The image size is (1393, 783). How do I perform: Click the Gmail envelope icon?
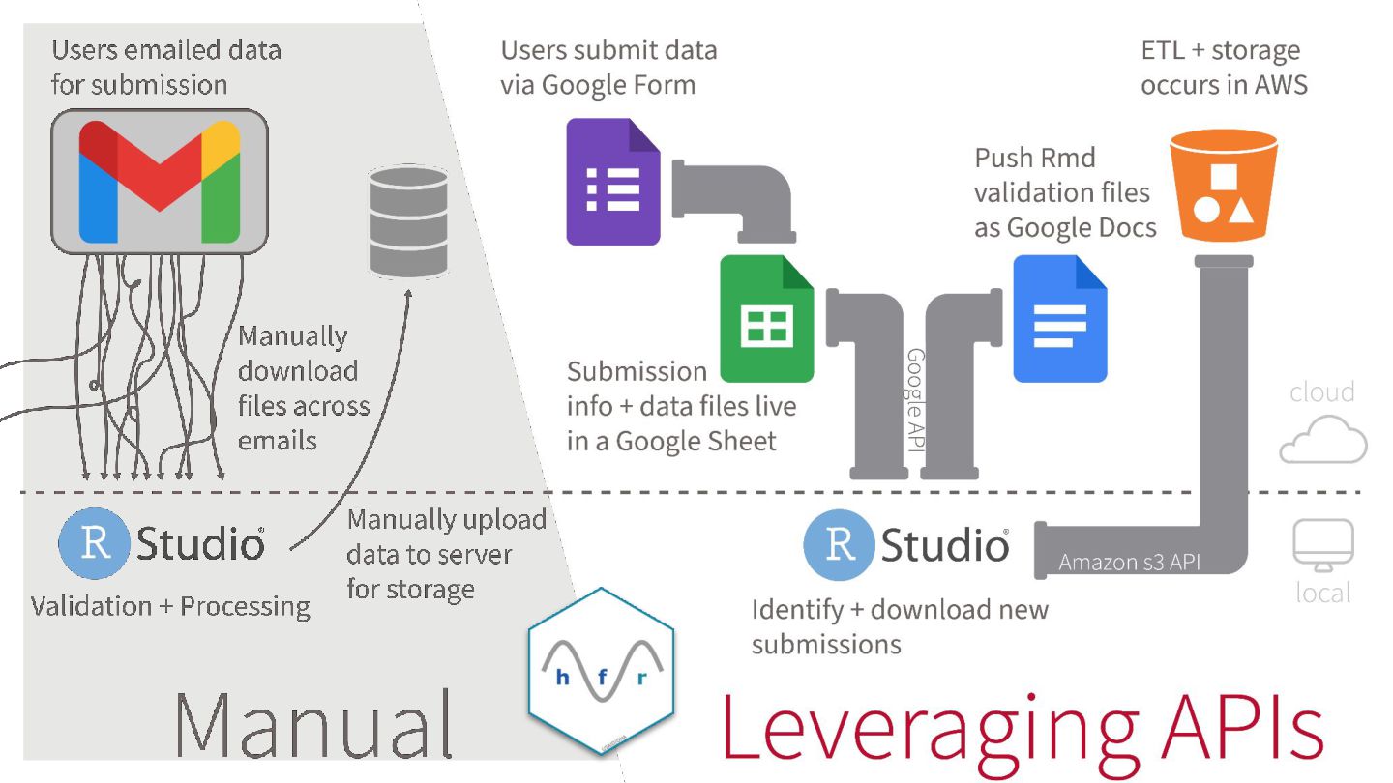(x=159, y=181)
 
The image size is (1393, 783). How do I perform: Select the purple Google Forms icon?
(x=613, y=181)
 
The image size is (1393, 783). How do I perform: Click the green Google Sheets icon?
(x=767, y=319)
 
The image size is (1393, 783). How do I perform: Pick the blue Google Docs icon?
(x=1059, y=319)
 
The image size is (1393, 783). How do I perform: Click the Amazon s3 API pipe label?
(x=1129, y=562)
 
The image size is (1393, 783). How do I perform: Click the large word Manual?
(x=314, y=723)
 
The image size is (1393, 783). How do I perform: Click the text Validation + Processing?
(x=170, y=607)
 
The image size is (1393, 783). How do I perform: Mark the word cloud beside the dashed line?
(x=1321, y=391)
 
